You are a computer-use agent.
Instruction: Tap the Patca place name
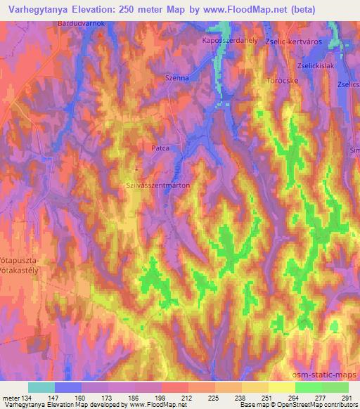pyautogui.click(x=162, y=149)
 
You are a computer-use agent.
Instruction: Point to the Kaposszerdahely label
pyautogui.click(x=229, y=41)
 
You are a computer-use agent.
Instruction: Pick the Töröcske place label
pyautogui.click(x=284, y=81)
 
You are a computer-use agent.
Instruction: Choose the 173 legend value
pyautogui.click(x=109, y=398)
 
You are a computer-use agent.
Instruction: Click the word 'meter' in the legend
pyautogui.click(x=11, y=398)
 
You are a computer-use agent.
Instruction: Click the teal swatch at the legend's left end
pyautogui.click(x=41, y=387)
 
